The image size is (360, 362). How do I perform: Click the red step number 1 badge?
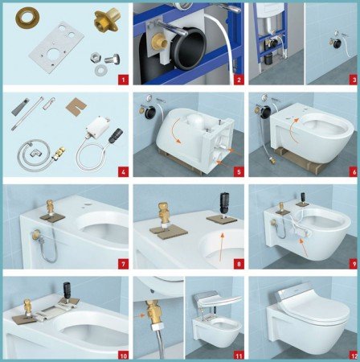[123, 80]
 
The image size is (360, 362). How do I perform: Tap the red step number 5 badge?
[239, 172]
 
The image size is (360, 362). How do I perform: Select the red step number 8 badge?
[239, 264]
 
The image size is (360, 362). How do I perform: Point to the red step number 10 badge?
[123, 356]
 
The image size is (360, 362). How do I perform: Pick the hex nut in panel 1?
[95, 57]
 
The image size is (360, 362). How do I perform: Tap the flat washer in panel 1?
[100, 69]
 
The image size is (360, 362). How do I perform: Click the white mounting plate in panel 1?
[56, 47]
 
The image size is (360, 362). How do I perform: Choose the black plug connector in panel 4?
[116, 135]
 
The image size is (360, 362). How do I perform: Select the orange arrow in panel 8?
[221, 247]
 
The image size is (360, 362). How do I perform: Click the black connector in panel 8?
[223, 203]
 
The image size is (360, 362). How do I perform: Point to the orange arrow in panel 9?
[302, 248]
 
